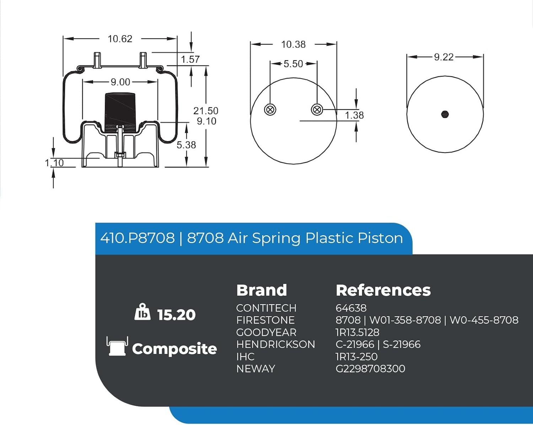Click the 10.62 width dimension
[120, 39]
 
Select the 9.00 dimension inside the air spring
[120, 82]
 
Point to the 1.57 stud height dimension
[190, 59]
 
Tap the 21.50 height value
[206, 111]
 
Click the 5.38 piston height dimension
[186, 145]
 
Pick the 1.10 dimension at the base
[54, 163]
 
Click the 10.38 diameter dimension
[293, 44]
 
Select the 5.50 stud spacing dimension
[293, 64]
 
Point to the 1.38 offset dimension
[354, 115]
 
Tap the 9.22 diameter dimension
[443, 57]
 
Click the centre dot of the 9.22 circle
[445, 114]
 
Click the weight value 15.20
[176, 315]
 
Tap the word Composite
[174, 349]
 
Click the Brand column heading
[262, 290]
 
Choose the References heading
[383, 290]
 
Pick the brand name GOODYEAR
[266, 332]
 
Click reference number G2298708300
[370, 369]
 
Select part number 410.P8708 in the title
[138, 238]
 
